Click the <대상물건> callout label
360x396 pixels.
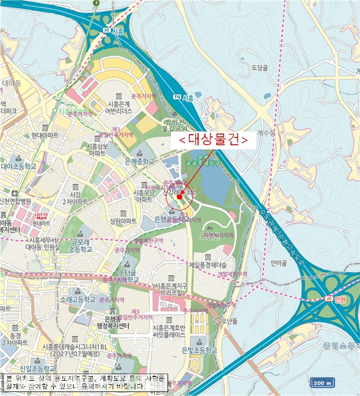213,141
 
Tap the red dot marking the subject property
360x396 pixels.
179,197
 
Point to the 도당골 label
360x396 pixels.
259,68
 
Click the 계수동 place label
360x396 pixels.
265,134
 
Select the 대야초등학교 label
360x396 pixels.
18,166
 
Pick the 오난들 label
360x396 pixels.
229,320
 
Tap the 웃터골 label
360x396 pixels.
128,273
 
